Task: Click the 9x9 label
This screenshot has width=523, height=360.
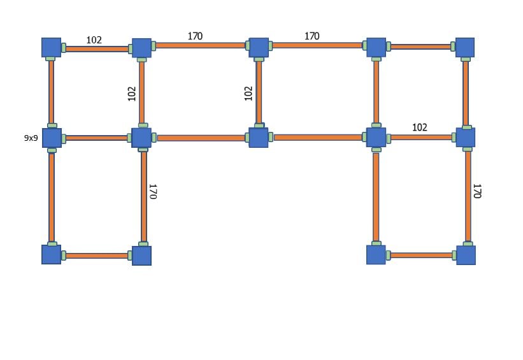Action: coord(31,138)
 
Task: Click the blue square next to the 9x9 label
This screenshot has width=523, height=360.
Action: coord(52,138)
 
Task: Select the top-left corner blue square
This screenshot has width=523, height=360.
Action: coord(52,47)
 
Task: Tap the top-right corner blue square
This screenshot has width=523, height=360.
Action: coord(465,47)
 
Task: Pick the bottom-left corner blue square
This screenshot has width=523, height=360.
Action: coord(52,254)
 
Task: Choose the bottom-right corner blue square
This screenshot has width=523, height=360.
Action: coord(466,256)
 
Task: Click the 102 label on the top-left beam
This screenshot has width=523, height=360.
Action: coord(94,40)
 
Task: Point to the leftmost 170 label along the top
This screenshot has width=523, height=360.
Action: coord(195,36)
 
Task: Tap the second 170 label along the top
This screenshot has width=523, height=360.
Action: coord(312,36)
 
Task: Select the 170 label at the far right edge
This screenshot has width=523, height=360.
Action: coord(477,191)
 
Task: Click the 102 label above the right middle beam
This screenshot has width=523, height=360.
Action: coord(420,127)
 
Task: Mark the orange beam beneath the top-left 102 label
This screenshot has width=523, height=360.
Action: coord(97,49)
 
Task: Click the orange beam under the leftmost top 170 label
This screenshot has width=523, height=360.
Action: coord(201,45)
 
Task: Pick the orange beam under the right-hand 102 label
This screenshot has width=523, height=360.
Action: coord(421,138)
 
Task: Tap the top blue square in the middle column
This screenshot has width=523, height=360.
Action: coord(259,47)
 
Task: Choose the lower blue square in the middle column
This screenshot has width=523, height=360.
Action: coord(259,138)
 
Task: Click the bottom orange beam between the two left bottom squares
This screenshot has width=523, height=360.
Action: coord(97,256)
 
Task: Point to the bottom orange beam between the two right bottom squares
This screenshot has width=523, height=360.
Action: coord(421,256)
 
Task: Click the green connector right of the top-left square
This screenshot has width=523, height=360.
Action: coord(64,48)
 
